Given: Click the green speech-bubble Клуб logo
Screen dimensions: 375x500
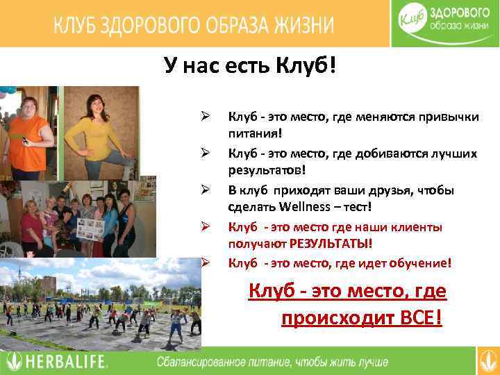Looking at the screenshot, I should pyautogui.click(x=415, y=22).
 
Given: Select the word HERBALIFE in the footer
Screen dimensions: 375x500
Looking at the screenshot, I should pyautogui.click(x=66, y=361).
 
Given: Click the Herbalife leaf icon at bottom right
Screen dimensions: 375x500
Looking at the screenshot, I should pyautogui.click(x=487, y=361).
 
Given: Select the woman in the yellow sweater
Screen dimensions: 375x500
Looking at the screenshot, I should pyautogui.click(x=101, y=132).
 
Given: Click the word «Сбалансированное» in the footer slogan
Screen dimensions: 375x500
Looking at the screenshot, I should pyautogui.click(x=202, y=362).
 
